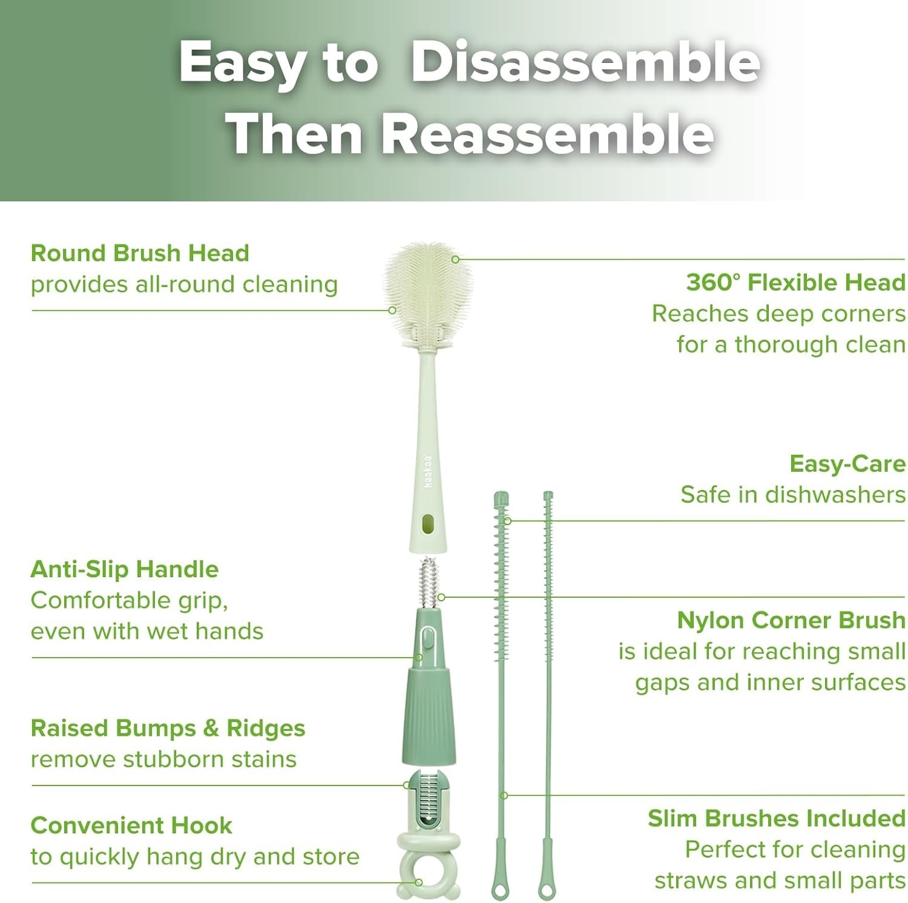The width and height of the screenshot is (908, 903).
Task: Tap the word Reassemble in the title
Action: tap(548, 134)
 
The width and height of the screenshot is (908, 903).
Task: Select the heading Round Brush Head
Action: tap(140, 253)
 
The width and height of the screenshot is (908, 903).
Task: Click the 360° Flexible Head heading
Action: tap(795, 282)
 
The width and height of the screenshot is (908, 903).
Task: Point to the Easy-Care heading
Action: tap(847, 464)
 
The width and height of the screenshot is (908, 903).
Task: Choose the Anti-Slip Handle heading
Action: tap(124, 569)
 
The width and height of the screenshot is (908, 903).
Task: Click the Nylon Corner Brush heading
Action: tap(791, 620)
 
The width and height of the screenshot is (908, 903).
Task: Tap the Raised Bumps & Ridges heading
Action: tap(168, 728)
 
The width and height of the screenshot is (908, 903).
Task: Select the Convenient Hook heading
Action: tap(131, 825)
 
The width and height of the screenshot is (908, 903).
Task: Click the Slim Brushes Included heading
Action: tap(776, 818)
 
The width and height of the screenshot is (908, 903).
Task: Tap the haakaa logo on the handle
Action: tap(429, 471)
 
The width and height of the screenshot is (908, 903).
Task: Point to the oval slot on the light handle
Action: tap(429, 524)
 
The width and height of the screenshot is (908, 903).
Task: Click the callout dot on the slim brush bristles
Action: tap(508, 521)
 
